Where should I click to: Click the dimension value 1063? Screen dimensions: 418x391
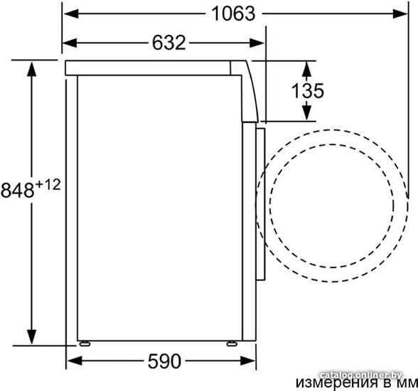coord(233,14)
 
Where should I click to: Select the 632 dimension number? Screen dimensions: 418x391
coord(168,43)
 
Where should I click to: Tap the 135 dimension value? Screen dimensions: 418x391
coord(308,90)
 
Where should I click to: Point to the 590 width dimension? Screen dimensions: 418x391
coord(164,361)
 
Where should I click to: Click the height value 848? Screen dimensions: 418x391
coord(18,191)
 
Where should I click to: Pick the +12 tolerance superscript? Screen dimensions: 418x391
coord(48,184)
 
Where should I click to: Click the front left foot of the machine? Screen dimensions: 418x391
coord(85,344)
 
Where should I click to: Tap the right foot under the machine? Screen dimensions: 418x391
coord(232,344)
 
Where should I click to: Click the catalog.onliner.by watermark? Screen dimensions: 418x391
coord(360,375)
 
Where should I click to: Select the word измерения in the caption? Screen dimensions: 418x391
coord(337,383)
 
